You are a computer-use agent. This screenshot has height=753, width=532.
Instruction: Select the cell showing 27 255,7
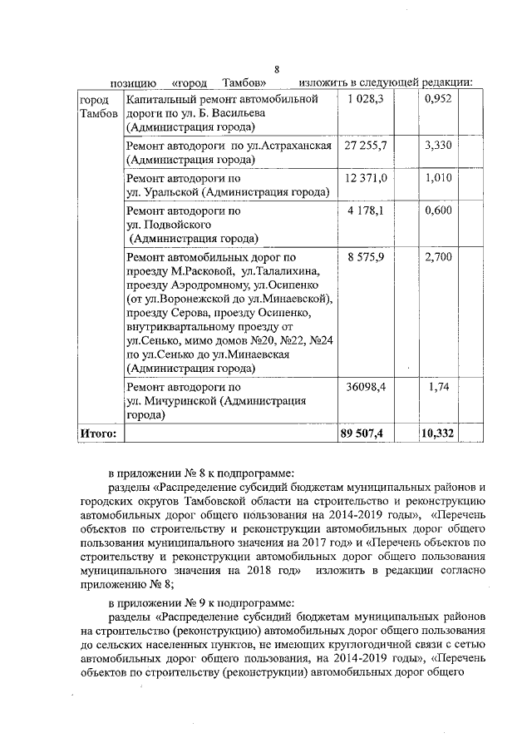[x=365, y=145]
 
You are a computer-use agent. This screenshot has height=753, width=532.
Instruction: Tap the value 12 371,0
[x=365, y=178]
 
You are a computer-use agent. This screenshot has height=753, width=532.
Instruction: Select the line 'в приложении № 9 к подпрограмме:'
[x=208, y=603]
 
